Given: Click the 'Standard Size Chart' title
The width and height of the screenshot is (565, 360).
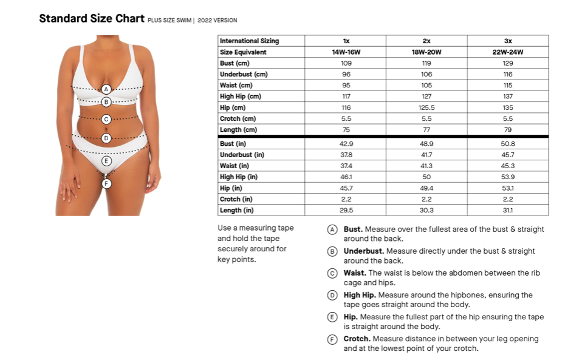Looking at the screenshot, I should coord(92,18).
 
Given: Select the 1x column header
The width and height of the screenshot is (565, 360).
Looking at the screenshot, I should coord(346,41).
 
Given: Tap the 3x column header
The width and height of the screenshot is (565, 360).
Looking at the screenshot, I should coord(508,41).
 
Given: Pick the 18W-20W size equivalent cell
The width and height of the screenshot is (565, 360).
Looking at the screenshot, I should coord(426,52).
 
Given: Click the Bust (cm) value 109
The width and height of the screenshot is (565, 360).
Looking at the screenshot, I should coord(346,63).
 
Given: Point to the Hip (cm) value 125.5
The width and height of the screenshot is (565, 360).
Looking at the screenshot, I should coord(426,107).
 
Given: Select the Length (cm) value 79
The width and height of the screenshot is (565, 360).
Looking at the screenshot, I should coord(508,129).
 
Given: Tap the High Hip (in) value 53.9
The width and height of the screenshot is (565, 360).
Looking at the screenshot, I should coord(508,177).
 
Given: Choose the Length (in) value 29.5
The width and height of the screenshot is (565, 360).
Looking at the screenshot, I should coord(346,210).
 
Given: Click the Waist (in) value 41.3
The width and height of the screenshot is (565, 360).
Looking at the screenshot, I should coord(426,166).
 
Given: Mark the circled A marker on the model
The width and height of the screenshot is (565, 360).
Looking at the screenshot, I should coord(106,89).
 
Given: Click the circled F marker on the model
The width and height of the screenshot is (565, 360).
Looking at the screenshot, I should coord(106,183).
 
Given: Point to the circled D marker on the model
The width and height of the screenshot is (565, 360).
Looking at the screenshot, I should coord(106,138).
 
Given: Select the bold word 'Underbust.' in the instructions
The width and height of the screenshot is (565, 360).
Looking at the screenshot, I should coord(363,251).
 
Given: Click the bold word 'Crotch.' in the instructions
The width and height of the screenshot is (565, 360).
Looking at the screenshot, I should coord(357,339).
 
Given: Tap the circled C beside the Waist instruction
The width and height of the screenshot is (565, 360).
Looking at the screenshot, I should coord(332,273).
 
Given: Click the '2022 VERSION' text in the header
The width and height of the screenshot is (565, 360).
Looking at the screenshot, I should coord(217,20).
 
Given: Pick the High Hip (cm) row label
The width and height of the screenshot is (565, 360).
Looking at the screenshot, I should coord(241,97).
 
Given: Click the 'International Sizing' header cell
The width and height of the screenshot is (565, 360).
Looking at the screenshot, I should coord(250,41).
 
